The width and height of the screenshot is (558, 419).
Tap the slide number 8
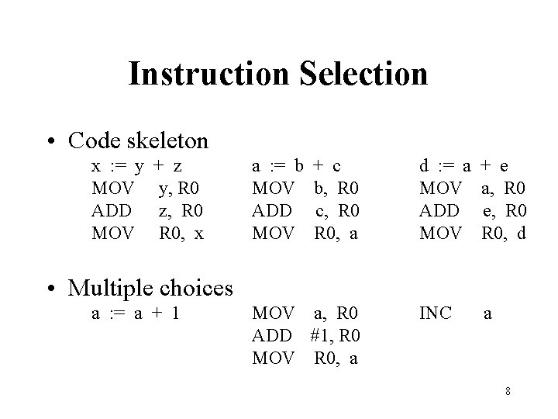507,391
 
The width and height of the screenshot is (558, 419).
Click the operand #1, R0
334,337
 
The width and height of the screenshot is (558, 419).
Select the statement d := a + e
463,165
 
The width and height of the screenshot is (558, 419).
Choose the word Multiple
113,288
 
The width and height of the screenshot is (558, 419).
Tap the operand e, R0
505,209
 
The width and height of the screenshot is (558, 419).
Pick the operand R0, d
505,231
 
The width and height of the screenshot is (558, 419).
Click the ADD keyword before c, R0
272,209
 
